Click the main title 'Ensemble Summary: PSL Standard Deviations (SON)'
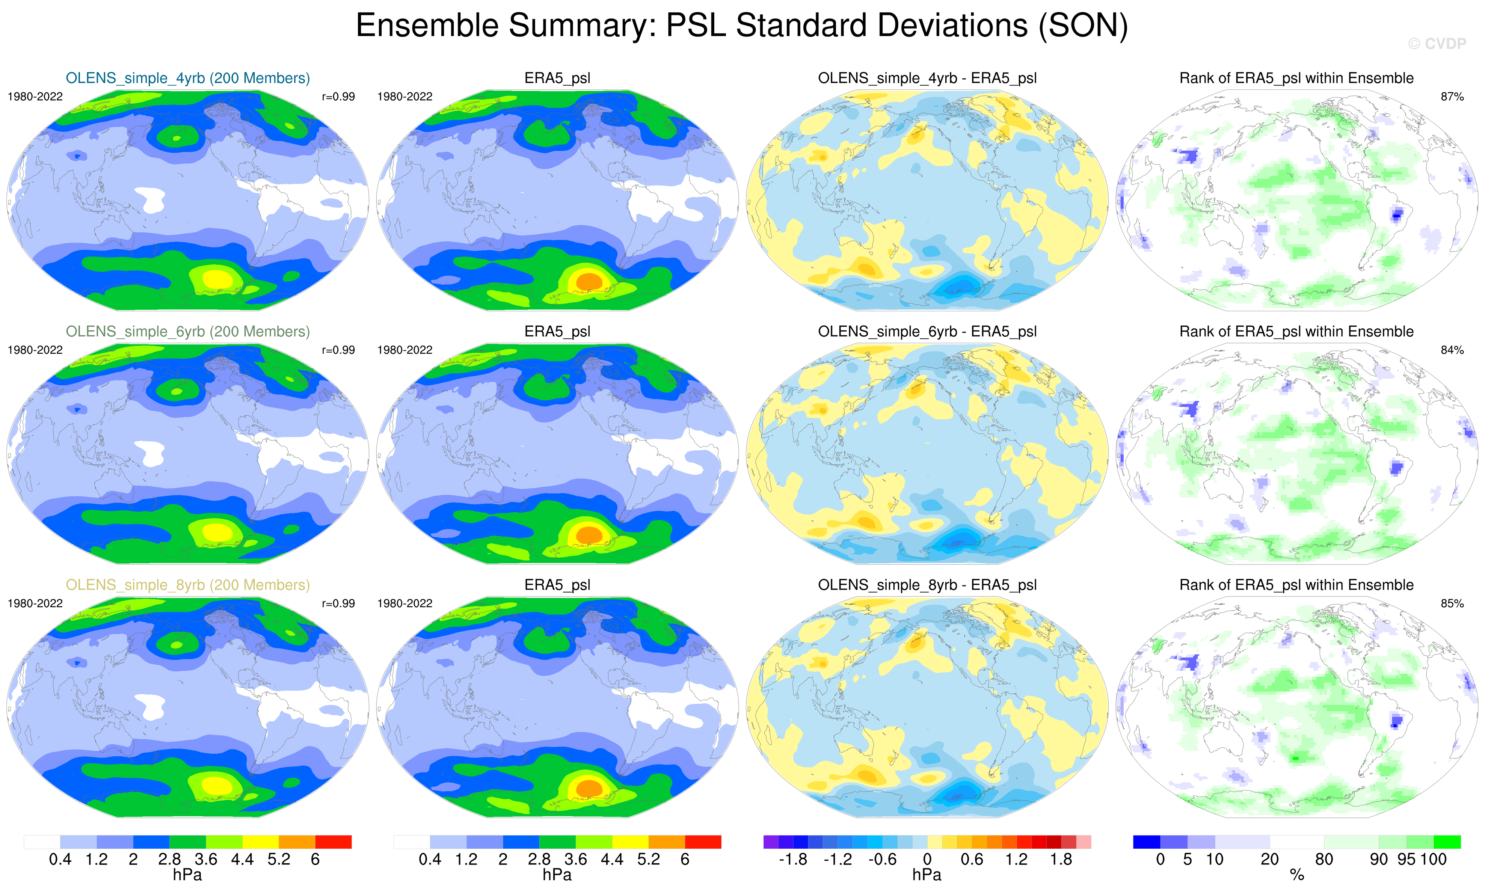click(741, 26)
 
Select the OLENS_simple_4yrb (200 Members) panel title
click(188, 78)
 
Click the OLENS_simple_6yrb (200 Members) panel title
click(188, 332)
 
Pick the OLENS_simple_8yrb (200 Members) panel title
click(188, 585)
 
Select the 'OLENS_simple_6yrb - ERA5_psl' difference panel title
click(927, 332)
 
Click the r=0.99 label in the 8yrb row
click(338, 603)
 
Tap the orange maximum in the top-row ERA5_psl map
click(589, 281)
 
